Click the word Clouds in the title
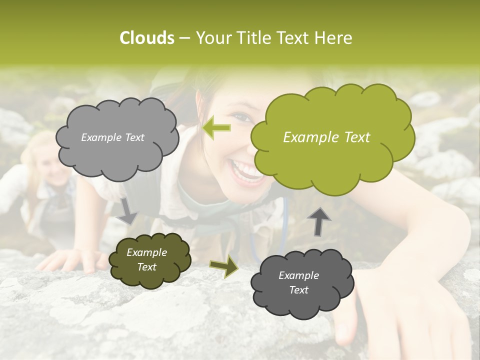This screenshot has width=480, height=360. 147,38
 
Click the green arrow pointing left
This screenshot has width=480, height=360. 216,127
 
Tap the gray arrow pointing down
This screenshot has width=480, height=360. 127,210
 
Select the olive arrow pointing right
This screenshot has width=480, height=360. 223,267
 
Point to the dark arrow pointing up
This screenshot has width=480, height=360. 319,221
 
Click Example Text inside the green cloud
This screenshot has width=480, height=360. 326,137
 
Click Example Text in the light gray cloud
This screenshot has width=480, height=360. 112,137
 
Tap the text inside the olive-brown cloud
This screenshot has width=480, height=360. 146,260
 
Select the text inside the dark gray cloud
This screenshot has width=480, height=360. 298,282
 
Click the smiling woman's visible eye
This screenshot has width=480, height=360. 242,118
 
